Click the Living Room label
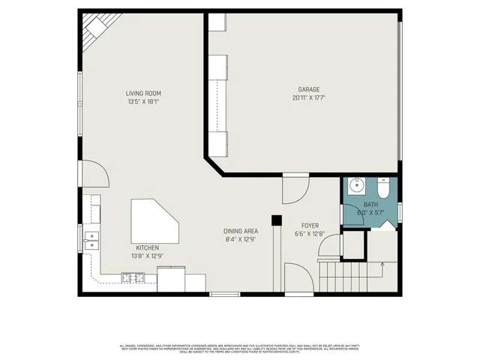(x=143, y=93)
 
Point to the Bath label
(x=371, y=205)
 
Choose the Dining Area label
(x=241, y=231)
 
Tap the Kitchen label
(x=147, y=247)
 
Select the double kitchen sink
(x=93, y=240)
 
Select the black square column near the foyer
(x=276, y=220)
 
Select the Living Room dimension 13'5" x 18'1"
(x=143, y=102)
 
